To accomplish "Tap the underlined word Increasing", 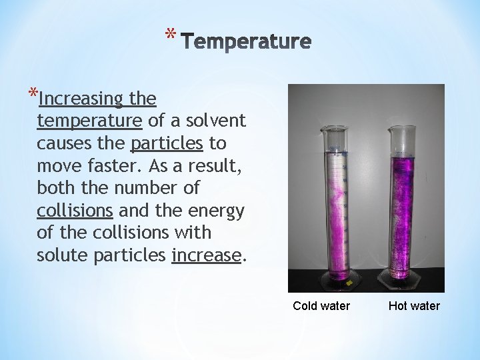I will pos(81,100).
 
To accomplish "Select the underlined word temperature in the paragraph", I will pos(90,121).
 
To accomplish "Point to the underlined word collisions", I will pos(75,211).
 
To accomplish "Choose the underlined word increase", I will pos(205,255).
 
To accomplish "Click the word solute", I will pos(61,255).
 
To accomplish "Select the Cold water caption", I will pos(321,306).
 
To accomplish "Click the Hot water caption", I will pos(414,306).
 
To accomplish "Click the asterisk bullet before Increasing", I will pos(33,93).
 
